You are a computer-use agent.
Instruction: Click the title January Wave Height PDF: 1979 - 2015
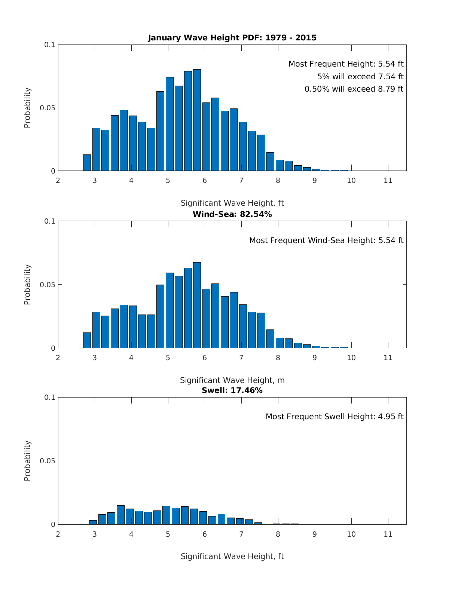pyautogui.click(x=232, y=38)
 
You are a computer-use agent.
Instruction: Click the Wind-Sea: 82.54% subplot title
pyautogui.click(x=232, y=214)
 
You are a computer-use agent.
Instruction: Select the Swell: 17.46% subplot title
pyautogui.click(x=232, y=390)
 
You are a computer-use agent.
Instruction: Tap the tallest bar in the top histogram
pyautogui.click(x=197, y=120)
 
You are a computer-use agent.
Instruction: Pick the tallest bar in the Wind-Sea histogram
pyautogui.click(x=197, y=305)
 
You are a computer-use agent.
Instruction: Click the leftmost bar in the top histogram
pyautogui.click(x=87, y=163)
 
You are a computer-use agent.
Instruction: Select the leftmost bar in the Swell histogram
pyautogui.click(x=93, y=522)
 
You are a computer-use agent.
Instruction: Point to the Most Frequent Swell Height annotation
pyautogui.click(x=335, y=417)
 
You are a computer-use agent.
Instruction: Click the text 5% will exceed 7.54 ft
pyautogui.click(x=360, y=77)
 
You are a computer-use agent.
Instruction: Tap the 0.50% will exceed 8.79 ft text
pyautogui.click(x=354, y=89)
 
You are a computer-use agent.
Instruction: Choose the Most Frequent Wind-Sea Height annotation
pyautogui.click(x=326, y=240)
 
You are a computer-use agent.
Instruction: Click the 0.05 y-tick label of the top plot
pyautogui.click(x=48, y=108)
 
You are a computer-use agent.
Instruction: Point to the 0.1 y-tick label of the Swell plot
pyautogui.click(x=50, y=397)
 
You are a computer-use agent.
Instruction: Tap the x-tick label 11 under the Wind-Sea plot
pyautogui.click(x=388, y=358)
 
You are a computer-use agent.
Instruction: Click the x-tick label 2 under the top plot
pyautogui.click(x=58, y=181)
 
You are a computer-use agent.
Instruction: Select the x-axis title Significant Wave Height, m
pyautogui.click(x=232, y=380)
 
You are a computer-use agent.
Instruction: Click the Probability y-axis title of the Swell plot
pyautogui.click(x=27, y=461)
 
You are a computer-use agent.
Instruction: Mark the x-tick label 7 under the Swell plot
pyautogui.click(x=241, y=534)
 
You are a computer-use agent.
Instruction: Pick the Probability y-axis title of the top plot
pyautogui.click(x=27, y=108)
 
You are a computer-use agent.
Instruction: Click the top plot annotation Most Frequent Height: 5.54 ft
pyautogui.click(x=346, y=64)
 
